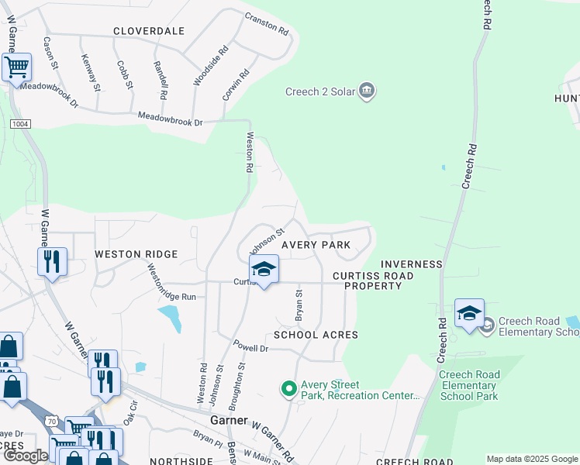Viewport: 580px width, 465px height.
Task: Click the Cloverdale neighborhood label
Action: (x=149, y=31)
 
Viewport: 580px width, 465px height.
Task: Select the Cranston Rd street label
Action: (x=267, y=24)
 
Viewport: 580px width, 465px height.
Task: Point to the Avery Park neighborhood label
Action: (x=316, y=245)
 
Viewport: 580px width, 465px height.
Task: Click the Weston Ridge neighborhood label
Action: (x=136, y=254)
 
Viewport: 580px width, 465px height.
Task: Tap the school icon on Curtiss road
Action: (x=264, y=269)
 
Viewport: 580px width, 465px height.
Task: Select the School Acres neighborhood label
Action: (x=316, y=335)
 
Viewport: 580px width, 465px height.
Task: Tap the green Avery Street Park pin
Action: (x=289, y=387)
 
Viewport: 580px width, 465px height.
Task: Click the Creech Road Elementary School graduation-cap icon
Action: (x=469, y=313)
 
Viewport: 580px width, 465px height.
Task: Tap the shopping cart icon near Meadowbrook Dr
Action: (x=16, y=67)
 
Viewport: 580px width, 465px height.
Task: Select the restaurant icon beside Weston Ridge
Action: (x=53, y=261)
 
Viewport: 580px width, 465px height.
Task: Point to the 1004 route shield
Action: (x=20, y=124)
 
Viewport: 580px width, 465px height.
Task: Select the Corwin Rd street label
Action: (x=236, y=85)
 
